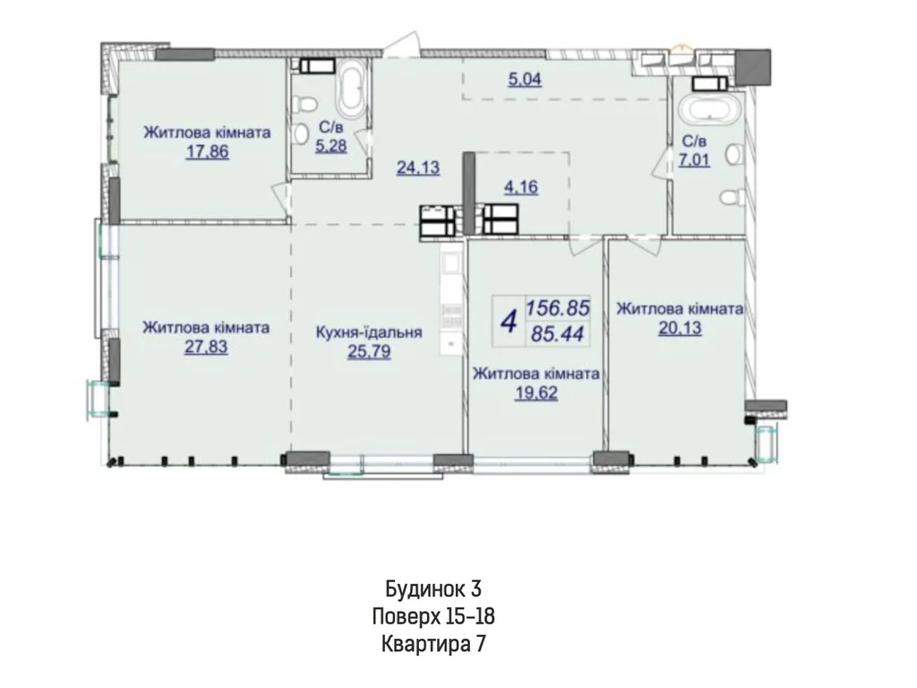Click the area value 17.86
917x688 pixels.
point(207,152)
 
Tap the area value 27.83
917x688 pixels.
point(206,347)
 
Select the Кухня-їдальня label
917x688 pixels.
point(369,332)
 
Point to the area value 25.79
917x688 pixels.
point(369,352)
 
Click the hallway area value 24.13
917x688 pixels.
point(418,168)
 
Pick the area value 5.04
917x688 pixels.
point(525,79)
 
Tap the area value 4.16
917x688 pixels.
point(521,187)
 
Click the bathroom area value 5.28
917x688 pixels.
point(331,145)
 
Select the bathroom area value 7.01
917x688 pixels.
point(694,159)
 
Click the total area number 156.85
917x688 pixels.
point(559,308)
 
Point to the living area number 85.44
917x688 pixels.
point(558,334)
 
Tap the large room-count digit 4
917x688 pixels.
point(510,322)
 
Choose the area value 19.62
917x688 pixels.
point(536,392)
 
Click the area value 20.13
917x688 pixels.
point(680,328)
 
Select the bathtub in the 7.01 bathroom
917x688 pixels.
point(712,110)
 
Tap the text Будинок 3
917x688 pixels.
point(433,588)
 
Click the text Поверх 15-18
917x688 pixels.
point(433,616)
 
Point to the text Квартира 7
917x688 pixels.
point(433,644)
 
